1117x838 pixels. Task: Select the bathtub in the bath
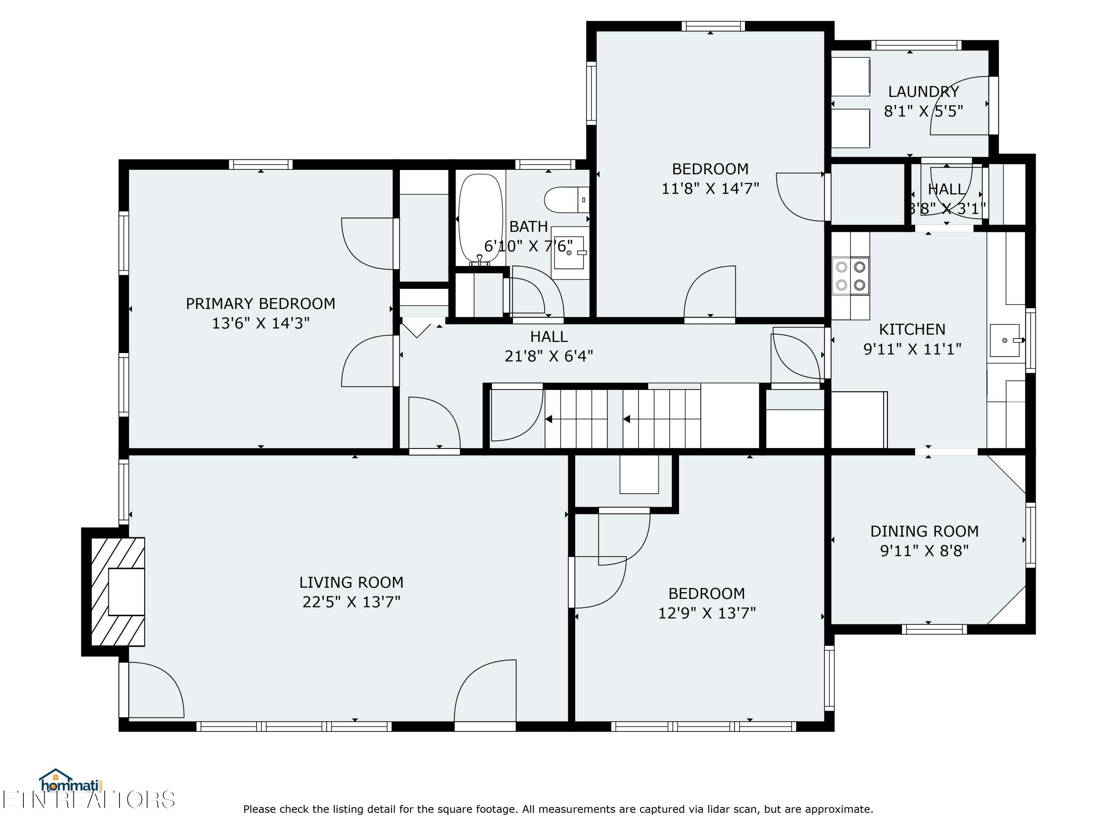tap(480, 219)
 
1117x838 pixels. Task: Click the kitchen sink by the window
tap(1005, 340)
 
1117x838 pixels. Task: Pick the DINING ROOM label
tap(924, 531)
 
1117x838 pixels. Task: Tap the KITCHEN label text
tap(912, 329)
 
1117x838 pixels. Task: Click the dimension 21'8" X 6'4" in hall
tap(548, 356)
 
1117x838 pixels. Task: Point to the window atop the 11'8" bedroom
tap(713, 26)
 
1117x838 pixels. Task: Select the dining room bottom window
tap(934, 629)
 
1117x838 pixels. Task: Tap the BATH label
tap(528, 227)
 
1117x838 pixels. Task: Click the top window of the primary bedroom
tap(261, 165)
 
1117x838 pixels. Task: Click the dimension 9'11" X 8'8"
tap(924, 550)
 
